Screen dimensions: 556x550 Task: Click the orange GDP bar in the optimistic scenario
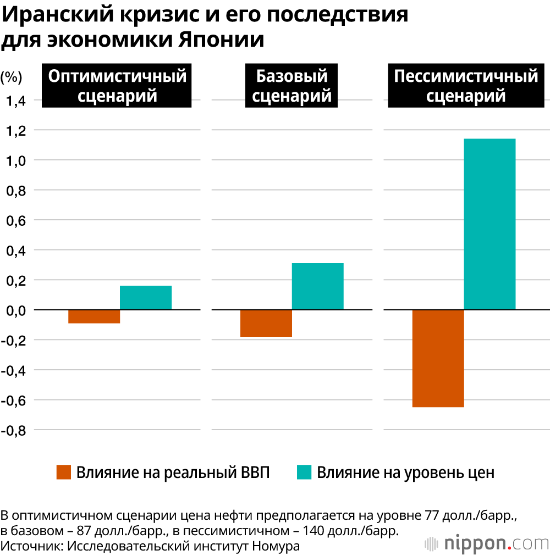point(94,316)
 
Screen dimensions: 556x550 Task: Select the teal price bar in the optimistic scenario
point(146,298)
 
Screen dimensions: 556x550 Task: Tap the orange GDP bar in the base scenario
point(266,323)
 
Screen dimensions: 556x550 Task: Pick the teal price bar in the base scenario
point(317,286)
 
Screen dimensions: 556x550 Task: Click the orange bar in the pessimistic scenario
point(438,358)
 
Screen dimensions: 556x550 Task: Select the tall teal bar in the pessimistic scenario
point(490,224)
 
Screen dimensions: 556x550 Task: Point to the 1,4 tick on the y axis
point(16,101)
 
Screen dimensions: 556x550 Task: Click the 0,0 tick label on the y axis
point(16,310)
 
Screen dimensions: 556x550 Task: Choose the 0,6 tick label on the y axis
point(16,220)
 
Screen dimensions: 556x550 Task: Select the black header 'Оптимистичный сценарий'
point(118,86)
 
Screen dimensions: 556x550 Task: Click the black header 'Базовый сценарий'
point(292,86)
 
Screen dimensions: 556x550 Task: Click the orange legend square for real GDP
point(64,472)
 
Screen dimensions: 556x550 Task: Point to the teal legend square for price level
point(304,472)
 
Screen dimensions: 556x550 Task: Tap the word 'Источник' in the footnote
point(28,546)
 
